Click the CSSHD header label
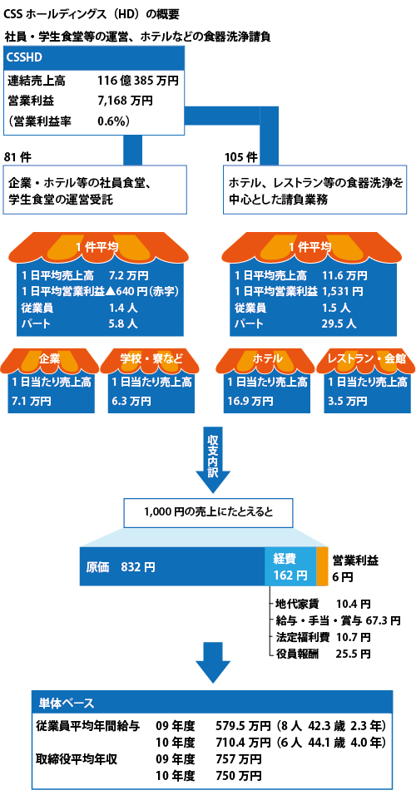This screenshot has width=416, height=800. pos(24,57)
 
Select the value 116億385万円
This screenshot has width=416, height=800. pos(138,80)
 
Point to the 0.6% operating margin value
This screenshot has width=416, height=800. pos(112,121)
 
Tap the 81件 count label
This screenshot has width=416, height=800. pos(17,156)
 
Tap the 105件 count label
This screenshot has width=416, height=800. pos(241,156)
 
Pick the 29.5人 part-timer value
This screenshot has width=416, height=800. pos(339,323)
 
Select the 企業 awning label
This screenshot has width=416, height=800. pos(50,358)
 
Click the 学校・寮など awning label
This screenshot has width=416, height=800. pos(151,358)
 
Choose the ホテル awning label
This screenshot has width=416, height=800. pos(267,358)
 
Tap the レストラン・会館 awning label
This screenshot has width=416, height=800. pos(369,358)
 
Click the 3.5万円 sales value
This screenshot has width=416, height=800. pos(347,401)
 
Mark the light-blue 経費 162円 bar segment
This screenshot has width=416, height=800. pos(290,566)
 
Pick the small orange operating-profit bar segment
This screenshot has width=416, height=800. pos(322,566)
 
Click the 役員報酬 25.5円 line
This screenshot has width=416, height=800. pos(323,654)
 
